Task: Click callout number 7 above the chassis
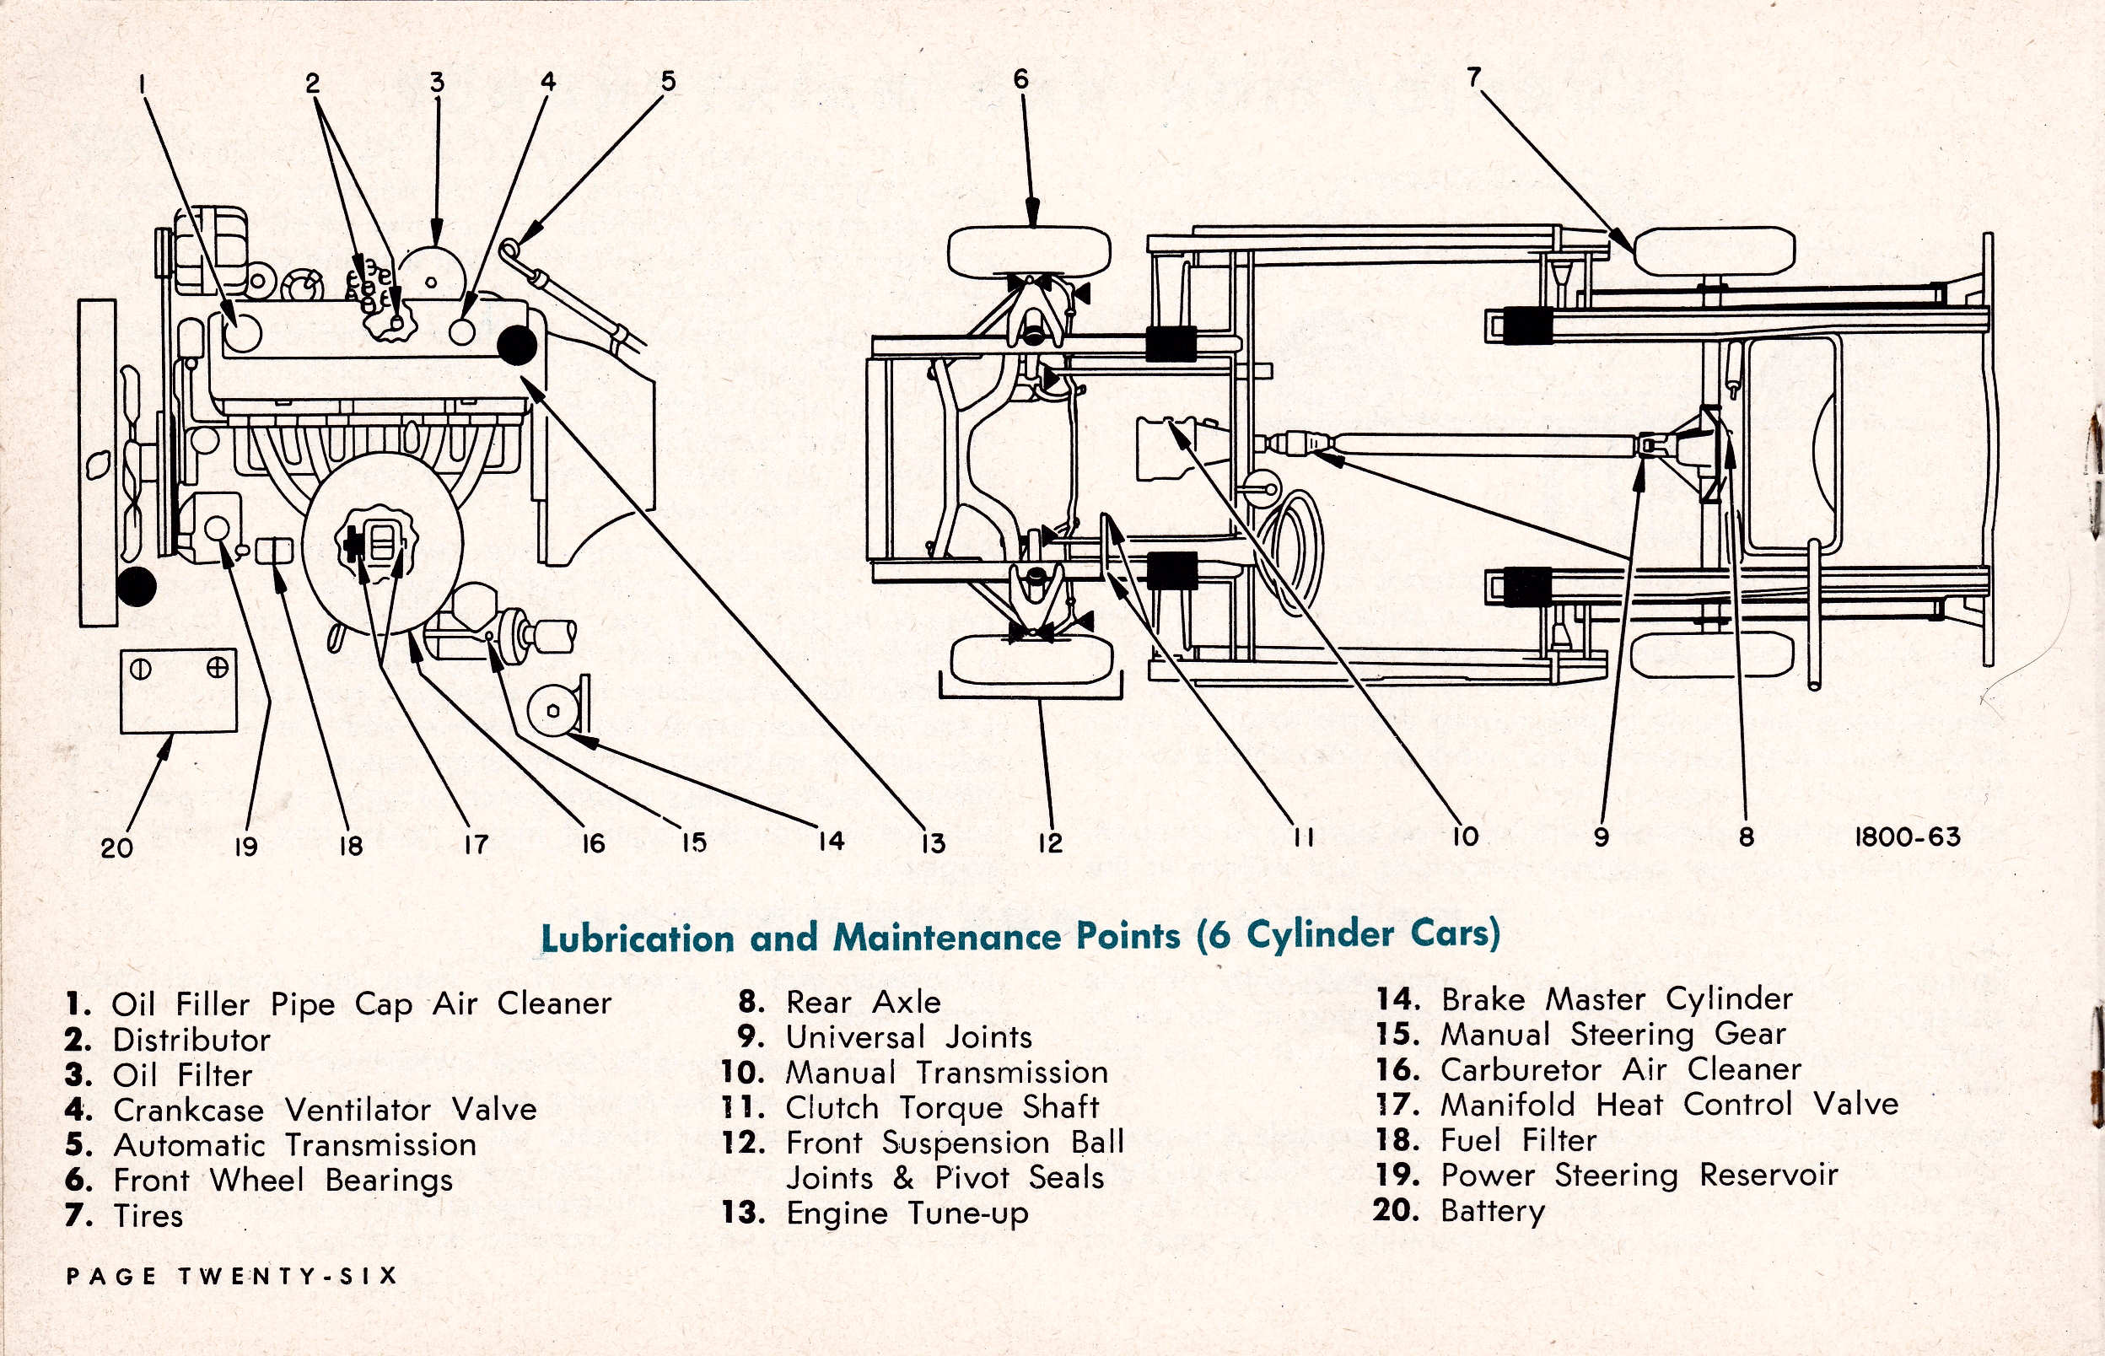[1474, 77]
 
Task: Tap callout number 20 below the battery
[116, 848]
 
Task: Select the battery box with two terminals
[179, 691]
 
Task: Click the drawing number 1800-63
[1907, 837]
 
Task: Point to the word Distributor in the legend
[191, 1040]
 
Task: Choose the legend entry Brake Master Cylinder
[1617, 999]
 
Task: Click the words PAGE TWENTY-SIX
[232, 1276]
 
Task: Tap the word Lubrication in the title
[637, 938]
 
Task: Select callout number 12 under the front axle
[1049, 843]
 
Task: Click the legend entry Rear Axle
[863, 1002]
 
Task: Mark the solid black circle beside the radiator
[137, 586]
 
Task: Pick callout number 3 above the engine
[438, 83]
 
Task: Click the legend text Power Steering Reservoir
[1639, 1175]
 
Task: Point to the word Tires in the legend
[148, 1216]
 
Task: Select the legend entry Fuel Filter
[1518, 1140]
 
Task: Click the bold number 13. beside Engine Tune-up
[742, 1213]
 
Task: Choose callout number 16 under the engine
[594, 844]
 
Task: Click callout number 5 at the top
[668, 81]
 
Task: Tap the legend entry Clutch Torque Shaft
[941, 1108]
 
